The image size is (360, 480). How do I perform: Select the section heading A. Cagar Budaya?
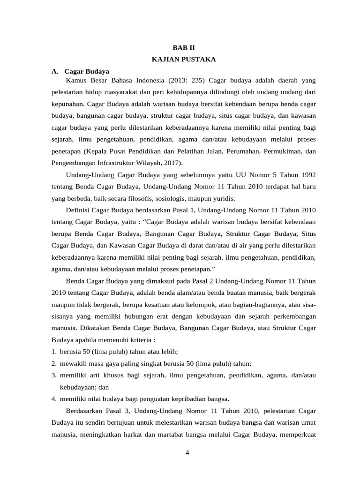point(80,71)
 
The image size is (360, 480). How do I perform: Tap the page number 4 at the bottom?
point(187,452)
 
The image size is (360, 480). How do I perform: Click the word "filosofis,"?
point(142,198)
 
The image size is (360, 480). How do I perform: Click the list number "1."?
point(54,351)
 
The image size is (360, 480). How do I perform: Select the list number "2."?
point(54,363)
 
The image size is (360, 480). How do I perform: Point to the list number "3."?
point(54,375)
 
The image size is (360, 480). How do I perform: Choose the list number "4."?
point(54,399)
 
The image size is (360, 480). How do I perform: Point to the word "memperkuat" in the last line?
point(299,435)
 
